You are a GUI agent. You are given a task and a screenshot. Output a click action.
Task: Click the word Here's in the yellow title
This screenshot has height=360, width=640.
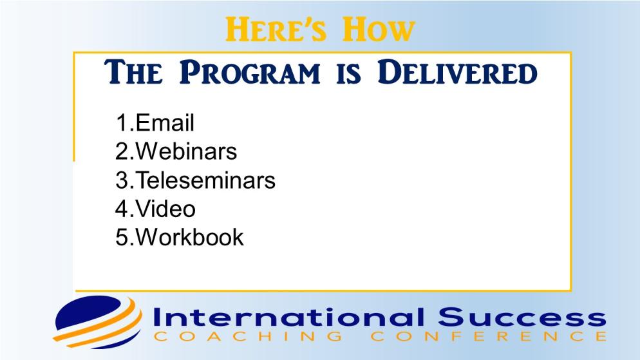tap(276, 30)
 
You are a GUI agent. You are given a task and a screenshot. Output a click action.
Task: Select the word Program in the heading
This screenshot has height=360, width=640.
tap(250, 73)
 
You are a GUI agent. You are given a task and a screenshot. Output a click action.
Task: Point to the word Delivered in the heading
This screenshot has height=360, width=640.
tap(457, 73)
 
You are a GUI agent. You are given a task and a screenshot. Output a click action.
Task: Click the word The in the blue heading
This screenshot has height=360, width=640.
tap(133, 73)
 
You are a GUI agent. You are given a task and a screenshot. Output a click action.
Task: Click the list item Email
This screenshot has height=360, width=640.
tap(165, 123)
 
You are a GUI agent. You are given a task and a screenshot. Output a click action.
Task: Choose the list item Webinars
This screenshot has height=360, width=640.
tap(186, 151)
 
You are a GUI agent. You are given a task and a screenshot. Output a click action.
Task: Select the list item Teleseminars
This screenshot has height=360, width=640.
tap(205, 180)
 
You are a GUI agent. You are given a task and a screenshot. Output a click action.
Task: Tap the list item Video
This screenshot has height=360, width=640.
tap(165, 209)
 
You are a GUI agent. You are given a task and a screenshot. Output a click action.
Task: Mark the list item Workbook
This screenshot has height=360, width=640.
tap(189, 237)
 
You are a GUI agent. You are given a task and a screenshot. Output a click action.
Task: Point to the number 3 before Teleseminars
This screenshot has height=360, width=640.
tap(122, 180)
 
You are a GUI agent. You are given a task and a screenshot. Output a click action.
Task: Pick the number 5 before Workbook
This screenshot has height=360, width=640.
tap(122, 237)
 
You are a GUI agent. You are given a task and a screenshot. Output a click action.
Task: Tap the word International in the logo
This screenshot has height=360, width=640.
tap(288, 317)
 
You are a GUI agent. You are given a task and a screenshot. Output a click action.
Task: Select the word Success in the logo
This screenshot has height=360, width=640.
tap(522, 317)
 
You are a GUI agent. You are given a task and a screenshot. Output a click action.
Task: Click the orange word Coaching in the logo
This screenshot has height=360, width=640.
tap(249, 336)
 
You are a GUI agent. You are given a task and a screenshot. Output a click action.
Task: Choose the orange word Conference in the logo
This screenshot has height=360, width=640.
tap(489, 336)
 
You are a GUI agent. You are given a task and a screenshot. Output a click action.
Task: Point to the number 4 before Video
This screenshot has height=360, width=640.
tap(122, 209)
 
